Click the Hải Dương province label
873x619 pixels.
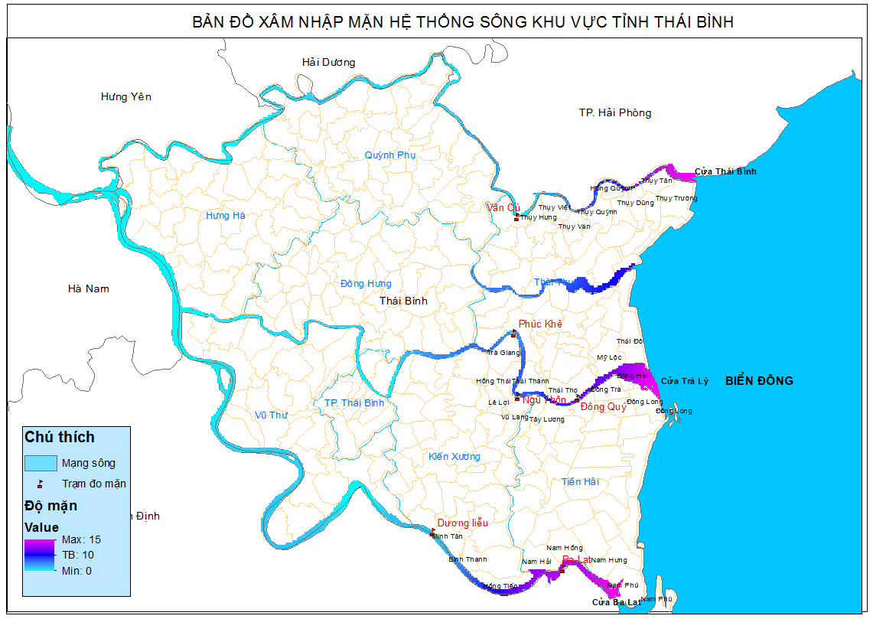[328, 63]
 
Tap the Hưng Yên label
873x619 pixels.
[126, 97]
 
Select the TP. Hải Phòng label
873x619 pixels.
[614, 113]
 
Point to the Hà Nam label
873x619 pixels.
[89, 288]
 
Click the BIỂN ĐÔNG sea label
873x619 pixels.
[759, 381]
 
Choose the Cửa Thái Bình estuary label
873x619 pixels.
[725, 171]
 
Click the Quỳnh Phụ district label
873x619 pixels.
[389, 155]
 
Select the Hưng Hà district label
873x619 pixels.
[226, 216]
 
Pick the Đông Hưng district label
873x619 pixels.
[366, 284]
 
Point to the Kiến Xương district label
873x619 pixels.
[454, 457]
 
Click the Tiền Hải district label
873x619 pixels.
[581, 482]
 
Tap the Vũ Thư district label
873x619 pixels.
[270, 415]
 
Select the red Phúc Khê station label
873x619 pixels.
[540, 324]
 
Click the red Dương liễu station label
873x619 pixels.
[462, 523]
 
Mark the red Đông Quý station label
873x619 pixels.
[603, 407]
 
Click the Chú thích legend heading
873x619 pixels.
[60, 437]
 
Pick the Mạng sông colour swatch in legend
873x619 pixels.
[41, 463]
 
